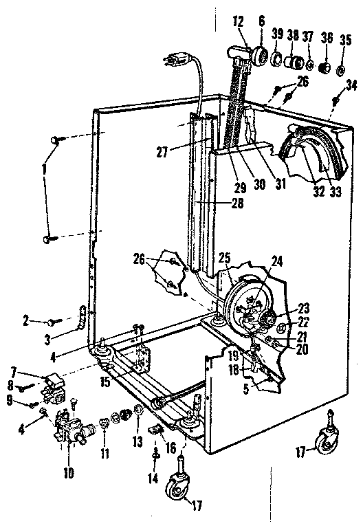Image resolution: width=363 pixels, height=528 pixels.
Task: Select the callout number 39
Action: click(x=278, y=34)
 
